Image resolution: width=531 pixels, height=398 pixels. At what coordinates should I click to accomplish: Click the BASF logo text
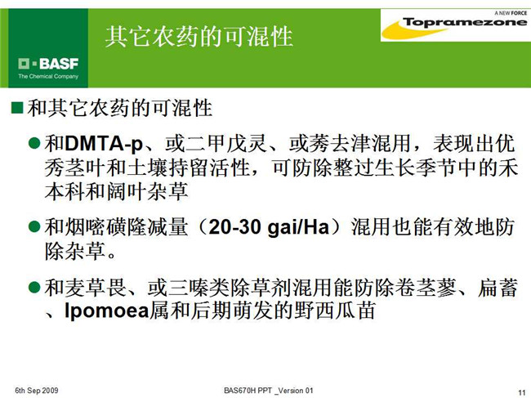tap(59, 64)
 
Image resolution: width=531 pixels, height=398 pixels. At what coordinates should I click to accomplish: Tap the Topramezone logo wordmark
tap(465, 23)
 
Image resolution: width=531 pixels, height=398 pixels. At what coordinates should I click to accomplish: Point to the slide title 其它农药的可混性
tap(199, 36)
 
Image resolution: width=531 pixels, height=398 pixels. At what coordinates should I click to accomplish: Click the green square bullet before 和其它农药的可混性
tap(17, 108)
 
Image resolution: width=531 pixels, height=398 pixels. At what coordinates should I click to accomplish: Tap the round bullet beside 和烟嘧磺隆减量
tap(34, 226)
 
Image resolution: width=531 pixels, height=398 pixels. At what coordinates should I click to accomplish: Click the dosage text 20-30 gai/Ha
tap(269, 227)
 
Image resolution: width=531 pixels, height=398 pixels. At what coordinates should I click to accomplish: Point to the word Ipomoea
tap(107, 311)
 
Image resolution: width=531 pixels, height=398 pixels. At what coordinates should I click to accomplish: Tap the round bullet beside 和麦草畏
tap(34, 287)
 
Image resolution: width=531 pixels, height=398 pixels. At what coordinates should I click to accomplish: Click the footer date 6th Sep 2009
tap(36, 391)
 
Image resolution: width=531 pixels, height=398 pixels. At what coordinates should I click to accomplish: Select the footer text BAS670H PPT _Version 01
tap(269, 391)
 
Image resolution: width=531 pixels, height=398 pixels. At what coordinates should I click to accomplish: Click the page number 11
tap(522, 392)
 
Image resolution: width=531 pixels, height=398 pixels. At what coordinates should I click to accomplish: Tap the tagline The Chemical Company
tap(48, 76)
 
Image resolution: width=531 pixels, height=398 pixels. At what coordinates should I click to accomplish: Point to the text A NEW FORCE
tap(511, 13)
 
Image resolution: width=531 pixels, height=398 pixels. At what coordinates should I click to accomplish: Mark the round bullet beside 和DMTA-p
tap(34, 143)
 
